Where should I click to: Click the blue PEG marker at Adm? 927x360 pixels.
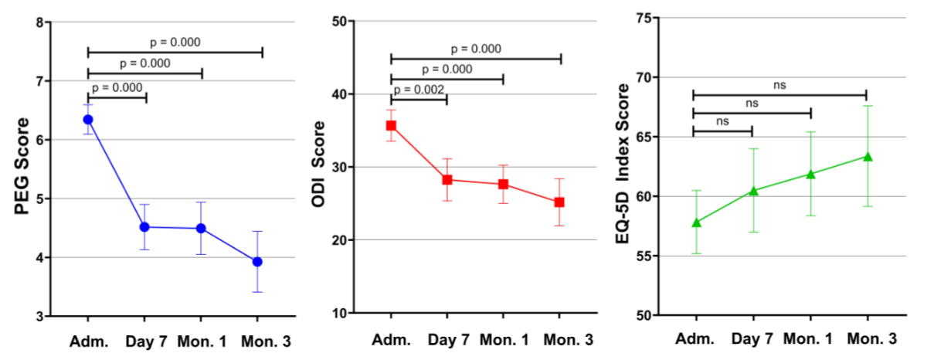(88, 120)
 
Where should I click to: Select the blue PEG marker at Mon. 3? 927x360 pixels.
(257, 262)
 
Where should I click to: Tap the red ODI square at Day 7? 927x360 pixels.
(447, 180)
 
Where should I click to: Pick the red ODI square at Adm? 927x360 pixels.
(391, 125)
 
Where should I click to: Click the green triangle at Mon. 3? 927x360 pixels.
(868, 157)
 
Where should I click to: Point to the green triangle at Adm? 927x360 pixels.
(696, 222)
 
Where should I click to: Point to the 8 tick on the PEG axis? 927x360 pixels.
(39, 22)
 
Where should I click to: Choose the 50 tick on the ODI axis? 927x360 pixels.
(341, 22)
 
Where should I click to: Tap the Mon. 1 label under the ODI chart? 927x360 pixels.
(503, 340)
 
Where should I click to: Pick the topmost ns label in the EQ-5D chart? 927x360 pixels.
(779, 85)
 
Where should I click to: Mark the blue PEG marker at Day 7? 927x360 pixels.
(144, 227)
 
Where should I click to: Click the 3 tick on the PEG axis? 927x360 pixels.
(39, 317)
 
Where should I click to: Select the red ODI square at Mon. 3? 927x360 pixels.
(559, 202)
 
